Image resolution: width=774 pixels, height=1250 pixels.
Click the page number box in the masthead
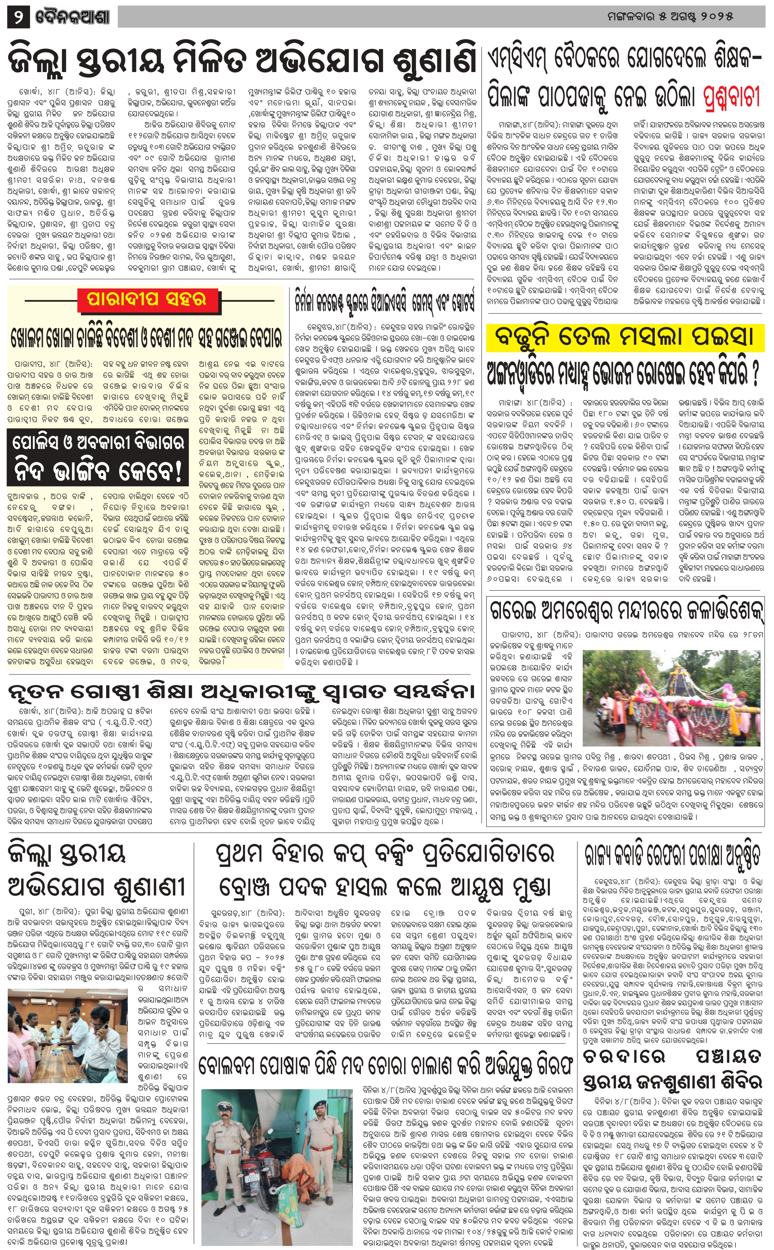[x=18, y=18]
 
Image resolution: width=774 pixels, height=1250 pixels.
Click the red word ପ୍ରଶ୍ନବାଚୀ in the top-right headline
[x=730, y=96]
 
